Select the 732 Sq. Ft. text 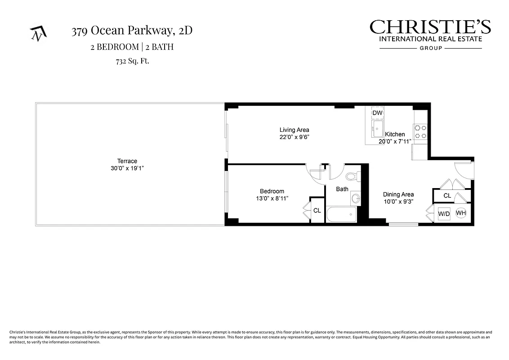(129, 61)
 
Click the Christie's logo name (430, 27)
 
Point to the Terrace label (127, 161)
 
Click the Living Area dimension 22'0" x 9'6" (295, 137)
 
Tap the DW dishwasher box (377, 113)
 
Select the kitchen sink (377, 128)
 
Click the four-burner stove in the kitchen (420, 131)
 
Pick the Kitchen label (395, 134)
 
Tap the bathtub (341, 214)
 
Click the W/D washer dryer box (444, 214)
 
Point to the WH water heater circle (461, 213)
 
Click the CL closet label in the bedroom (317, 210)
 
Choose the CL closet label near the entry (447, 196)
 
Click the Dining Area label (398, 194)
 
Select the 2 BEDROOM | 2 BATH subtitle (132, 47)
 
